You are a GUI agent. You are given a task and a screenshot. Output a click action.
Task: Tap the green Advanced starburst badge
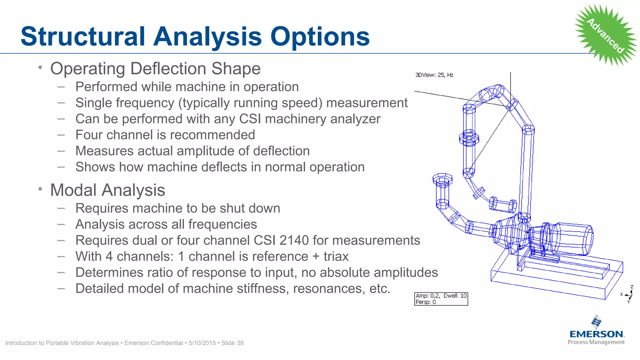606,35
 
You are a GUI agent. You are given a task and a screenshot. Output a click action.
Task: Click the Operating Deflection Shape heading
155,68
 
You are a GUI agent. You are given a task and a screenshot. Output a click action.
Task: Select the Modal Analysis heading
107,190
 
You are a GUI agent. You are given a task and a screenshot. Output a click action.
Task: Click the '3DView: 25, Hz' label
434,75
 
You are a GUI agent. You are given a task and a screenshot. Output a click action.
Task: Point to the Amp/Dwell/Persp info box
441,299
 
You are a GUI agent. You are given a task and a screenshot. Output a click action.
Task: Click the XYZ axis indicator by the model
628,294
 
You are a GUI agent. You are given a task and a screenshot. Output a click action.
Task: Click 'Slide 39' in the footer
232,343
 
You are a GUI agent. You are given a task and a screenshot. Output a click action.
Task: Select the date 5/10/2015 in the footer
202,343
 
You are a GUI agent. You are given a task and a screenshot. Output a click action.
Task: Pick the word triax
336,257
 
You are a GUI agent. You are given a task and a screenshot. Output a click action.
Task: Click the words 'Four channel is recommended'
165,135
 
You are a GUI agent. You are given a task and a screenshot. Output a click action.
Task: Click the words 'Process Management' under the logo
596,342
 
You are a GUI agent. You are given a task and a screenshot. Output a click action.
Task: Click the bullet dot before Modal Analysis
40,189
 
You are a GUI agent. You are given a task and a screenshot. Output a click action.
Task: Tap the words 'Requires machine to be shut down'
177,208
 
